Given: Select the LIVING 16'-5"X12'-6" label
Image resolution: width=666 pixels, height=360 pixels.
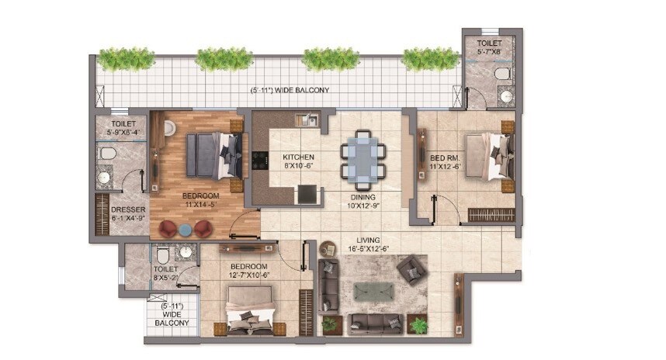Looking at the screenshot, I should (x=368, y=244).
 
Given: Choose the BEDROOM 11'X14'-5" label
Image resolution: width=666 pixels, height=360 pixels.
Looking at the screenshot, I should (x=200, y=199).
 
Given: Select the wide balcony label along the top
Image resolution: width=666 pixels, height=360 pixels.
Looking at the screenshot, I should (x=290, y=90).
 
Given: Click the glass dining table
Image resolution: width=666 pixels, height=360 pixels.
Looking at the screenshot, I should (x=360, y=159).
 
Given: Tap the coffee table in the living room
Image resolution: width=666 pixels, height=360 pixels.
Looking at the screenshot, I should (x=374, y=292).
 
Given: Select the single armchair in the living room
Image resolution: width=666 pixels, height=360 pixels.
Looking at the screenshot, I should (x=410, y=270).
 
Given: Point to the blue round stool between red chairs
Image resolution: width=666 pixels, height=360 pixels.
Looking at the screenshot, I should (x=186, y=229).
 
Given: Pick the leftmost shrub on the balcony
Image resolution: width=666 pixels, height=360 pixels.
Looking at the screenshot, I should (x=126, y=59).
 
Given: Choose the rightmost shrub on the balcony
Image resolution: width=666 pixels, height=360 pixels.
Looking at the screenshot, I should (x=430, y=59).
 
